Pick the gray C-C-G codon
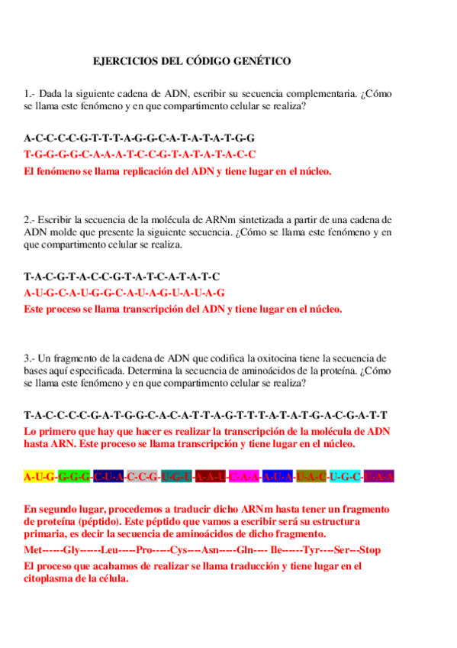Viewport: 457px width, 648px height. [x=143, y=477]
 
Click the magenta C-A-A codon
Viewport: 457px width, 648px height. [x=245, y=477]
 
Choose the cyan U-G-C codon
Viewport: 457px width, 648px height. [x=346, y=477]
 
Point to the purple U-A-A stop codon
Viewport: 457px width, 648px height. [x=379, y=477]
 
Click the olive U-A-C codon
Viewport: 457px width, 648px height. [x=311, y=477]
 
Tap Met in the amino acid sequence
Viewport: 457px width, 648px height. [x=34, y=550]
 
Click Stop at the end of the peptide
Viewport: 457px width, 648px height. [x=369, y=550]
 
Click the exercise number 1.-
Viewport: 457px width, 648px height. [x=30, y=94]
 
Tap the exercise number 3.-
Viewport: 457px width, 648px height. [x=30, y=358]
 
